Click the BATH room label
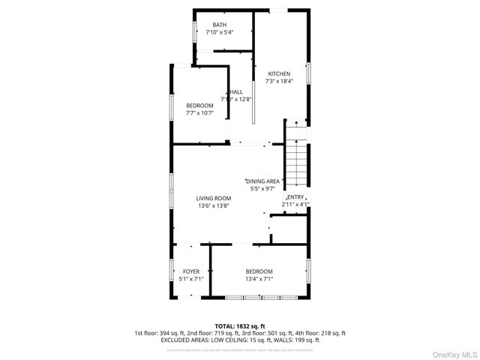tap(219, 25)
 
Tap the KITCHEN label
tap(279, 73)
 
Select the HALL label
tap(235, 91)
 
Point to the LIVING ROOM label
tap(214, 197)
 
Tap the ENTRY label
tap(295, 196)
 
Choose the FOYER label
tap(191, 271)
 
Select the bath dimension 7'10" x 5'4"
tap(219, 32)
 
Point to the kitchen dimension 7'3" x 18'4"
tap(279, 81)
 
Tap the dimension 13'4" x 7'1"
tap(259, 278)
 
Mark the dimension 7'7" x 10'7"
tap(199, 112)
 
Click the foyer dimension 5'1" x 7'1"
tap(191, 278)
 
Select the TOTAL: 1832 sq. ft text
tap(239, 326)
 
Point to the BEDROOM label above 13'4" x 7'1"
tap(259, 271)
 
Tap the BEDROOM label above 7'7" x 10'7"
tap(199, 105)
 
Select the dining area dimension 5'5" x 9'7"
tap(264, 189)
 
